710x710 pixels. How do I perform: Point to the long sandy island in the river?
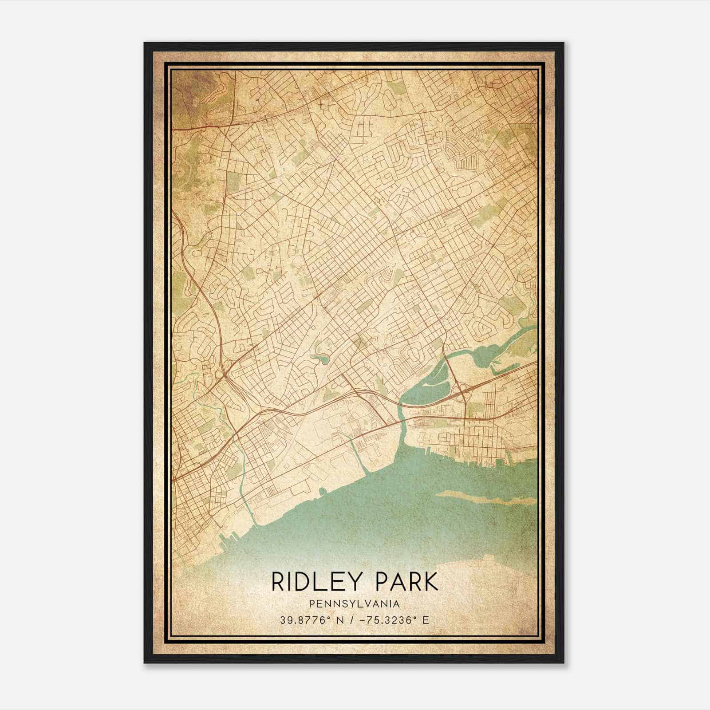[484, 496]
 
